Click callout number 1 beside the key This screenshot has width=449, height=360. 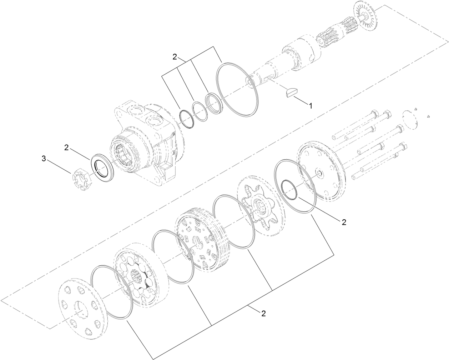(310, 106)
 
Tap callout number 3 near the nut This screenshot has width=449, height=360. (44, 159)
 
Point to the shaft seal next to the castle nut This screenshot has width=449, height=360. (103, 167)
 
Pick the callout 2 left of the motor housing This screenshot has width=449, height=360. (67, 147)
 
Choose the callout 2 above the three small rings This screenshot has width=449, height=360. (175, 56)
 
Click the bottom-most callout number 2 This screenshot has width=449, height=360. (263, 314)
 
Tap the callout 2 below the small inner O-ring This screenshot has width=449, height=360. (344, 222)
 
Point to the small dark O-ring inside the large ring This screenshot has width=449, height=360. (289, 189)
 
